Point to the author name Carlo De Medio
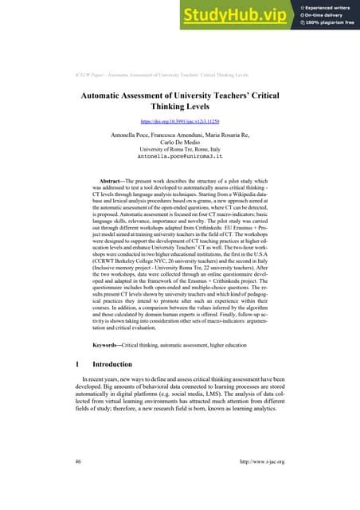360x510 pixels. tap(179, 142)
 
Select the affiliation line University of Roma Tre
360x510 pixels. tap(179, 149)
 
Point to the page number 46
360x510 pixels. tap(77, 484)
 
